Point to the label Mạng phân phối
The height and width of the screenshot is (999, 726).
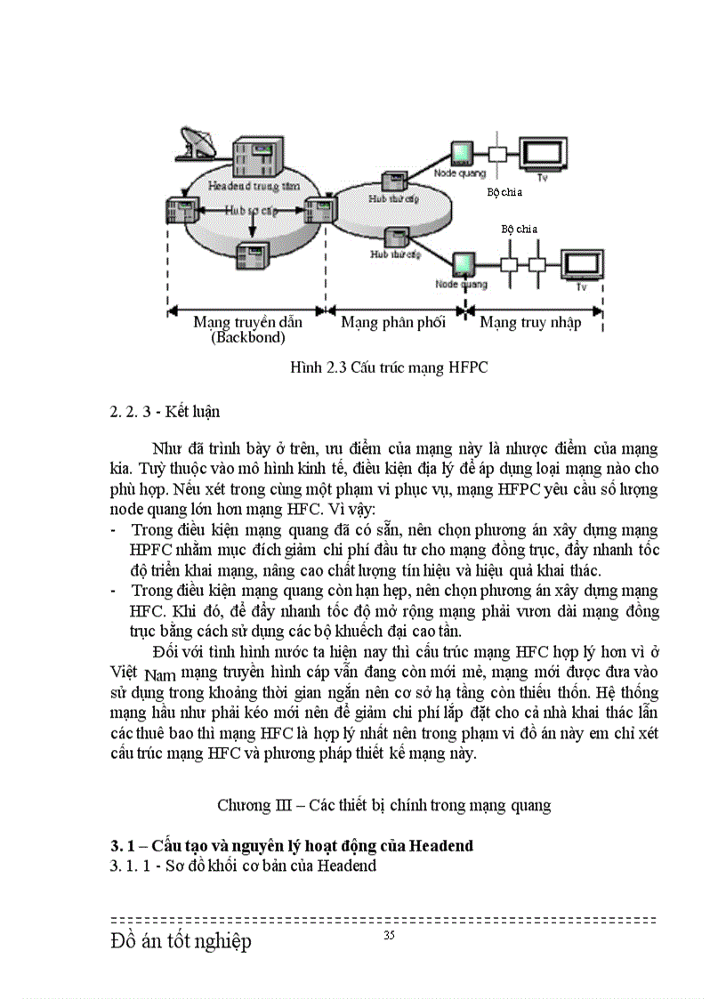393,322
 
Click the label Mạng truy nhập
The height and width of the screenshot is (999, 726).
530,322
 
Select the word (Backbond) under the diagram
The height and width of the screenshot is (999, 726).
247,338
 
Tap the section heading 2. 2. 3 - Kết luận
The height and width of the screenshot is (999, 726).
165,412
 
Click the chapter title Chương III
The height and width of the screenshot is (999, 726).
383,805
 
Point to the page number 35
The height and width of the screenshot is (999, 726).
389,935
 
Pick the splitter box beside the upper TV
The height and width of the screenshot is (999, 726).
497,153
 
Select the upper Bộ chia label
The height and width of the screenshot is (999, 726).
504,192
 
